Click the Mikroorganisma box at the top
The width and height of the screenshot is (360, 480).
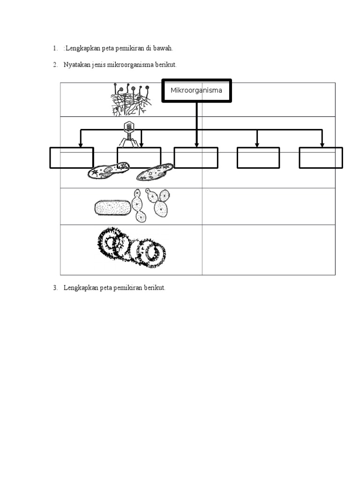coord(196,90)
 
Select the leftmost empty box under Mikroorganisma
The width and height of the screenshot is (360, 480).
coord(72,157)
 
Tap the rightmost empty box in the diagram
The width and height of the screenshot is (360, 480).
coord(321,157)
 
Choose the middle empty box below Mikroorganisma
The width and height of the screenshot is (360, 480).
coord(196,157)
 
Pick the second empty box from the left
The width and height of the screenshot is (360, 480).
coord(139,157)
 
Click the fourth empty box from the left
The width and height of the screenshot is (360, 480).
coord(258,157)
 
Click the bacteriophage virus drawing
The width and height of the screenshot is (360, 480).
coord(128,134)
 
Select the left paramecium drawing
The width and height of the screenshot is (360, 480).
coord(108,171)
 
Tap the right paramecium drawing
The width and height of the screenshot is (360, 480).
coord(155,172)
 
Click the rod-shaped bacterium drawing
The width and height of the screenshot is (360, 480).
coord(113,208)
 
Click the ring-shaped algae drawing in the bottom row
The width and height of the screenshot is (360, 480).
coord(132,247)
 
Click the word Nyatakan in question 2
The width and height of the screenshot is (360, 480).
coord(75,65)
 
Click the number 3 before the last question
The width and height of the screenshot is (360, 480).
coord(54,288)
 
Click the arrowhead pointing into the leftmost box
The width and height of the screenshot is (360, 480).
coord(81,145)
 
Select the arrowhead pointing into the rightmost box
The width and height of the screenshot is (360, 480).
coord(322,145)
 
